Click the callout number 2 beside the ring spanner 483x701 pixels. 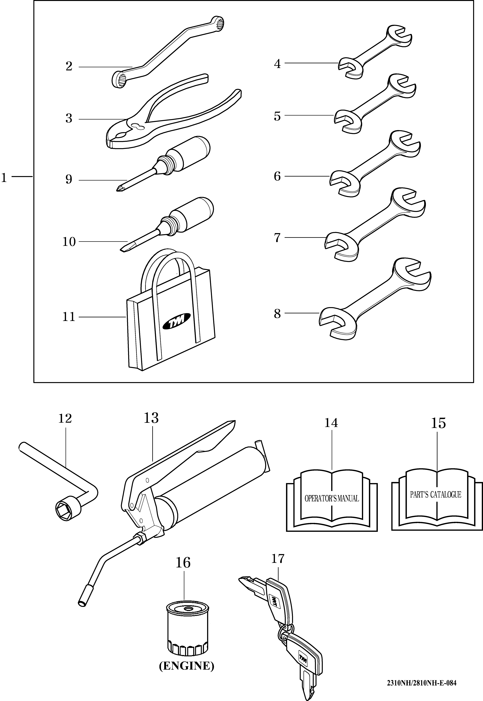click(x=69, y=67)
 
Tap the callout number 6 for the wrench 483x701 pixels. click(x=277, y=176)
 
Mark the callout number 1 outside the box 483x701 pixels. click(x=4, y=178)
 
